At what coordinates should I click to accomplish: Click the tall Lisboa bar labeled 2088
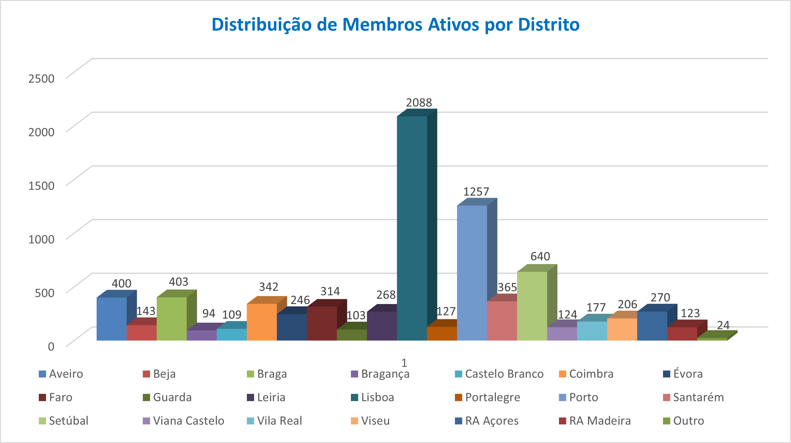412,228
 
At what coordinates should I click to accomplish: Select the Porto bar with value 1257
472,273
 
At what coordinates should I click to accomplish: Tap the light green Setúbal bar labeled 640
532,306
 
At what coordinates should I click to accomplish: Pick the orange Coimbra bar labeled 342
262,322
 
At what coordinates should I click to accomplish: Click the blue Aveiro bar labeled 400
112,319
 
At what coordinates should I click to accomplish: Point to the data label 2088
419,103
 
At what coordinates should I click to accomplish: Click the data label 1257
476,192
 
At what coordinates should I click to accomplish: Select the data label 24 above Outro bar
723,325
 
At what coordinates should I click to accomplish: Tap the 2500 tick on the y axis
41,78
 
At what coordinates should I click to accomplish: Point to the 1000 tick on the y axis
41,239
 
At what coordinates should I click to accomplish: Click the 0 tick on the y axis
51,347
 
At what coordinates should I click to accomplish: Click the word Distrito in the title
549,25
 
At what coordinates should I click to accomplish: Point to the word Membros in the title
382,25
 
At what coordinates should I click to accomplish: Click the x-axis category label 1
404,363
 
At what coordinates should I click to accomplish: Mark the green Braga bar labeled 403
172,319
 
